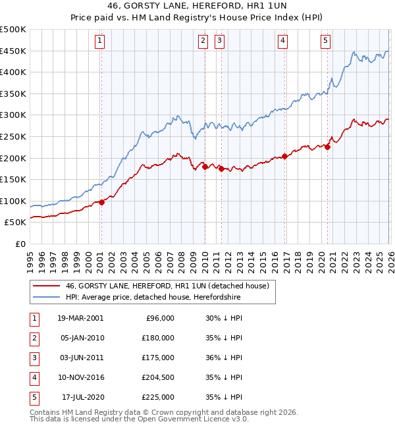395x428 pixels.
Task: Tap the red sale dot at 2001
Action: click(101, 202)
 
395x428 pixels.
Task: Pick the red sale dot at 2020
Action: click(327, 147)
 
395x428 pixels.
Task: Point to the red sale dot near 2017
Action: click(284, 156)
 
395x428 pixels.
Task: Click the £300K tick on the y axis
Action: click(13, 115)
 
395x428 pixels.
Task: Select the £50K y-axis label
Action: click(16, 223)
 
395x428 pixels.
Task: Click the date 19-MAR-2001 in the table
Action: click(80, 318)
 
